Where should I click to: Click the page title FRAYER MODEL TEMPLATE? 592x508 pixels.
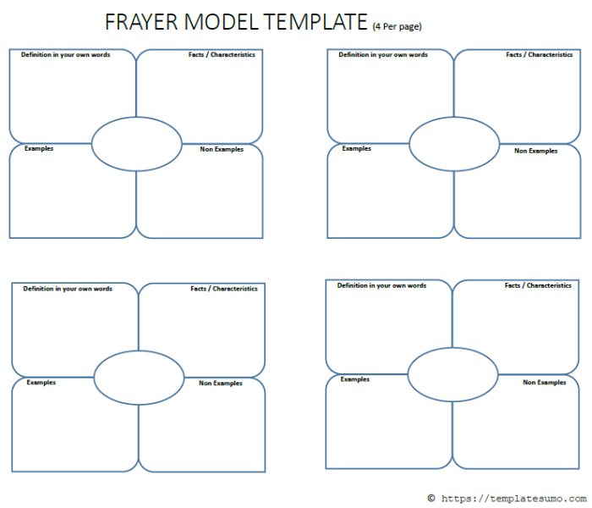[236, 22]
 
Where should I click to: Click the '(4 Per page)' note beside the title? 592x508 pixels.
[397, 26]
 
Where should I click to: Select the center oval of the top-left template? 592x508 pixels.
[136, 144]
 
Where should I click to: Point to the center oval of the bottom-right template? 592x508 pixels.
[452, 373]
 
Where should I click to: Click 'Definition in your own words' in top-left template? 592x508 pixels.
[65, 55]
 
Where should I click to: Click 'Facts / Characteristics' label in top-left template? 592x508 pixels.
[222, 55]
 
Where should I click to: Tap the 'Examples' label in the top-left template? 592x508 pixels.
[39, 148]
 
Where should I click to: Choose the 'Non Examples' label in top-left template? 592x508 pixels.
[222, 150]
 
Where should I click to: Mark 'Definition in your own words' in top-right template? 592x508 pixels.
[383, 55]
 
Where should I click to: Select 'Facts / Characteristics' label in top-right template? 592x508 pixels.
[540, 55]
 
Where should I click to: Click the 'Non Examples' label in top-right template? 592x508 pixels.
[536, 151]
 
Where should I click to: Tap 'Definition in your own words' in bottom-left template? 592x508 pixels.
[68, 289]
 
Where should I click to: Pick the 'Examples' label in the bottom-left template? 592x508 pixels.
[41, 383]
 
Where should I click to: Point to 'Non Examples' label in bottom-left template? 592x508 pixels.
[221, 384]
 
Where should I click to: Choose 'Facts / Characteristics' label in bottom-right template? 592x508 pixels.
[538, 286]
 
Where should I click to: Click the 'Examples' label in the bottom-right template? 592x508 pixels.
[355, 379]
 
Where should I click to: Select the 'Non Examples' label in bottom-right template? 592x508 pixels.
[545, 383]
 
